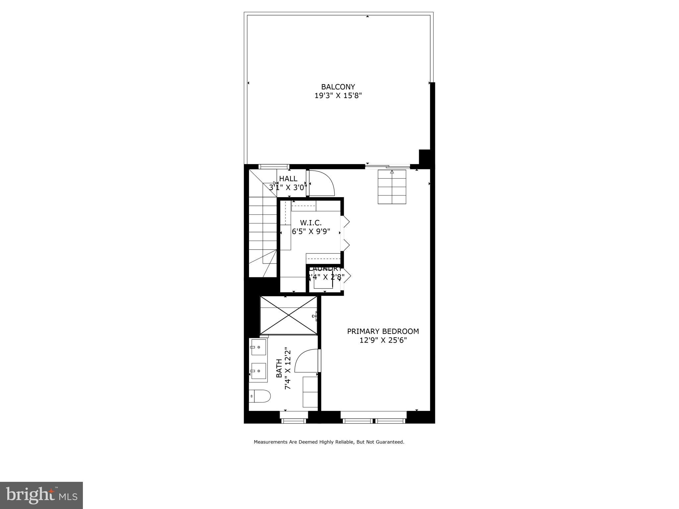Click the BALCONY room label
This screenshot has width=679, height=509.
tap(338, 87)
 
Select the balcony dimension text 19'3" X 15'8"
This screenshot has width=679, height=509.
tap(338, 96)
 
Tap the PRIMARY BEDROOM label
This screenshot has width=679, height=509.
tap(383, 331)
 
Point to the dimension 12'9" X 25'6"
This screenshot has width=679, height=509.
tap(383, 340)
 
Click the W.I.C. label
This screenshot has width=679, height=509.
tap(311, 223)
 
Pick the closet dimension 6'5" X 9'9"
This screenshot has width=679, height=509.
tap(311, 231)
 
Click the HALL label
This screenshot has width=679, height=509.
tap(288, 179)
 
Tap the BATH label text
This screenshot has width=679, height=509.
tap(279, 368)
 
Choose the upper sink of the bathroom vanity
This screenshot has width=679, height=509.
tap(259, 347)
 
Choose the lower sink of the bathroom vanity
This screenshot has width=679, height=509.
tap(259, 371)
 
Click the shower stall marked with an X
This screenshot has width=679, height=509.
tap(288, 315)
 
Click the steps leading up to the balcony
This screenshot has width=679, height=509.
tap(392, 187)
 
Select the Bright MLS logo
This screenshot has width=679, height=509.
tap(41, 495)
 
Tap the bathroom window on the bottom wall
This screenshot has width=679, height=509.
tap(294, 421)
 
